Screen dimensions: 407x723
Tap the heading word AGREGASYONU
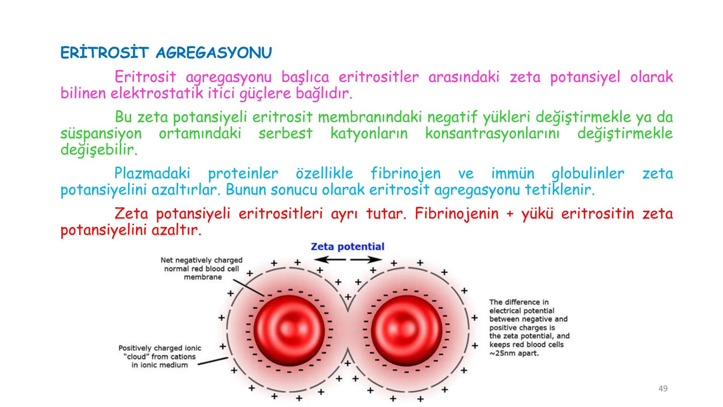tap(214, 53)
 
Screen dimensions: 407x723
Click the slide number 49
tap(663, 389)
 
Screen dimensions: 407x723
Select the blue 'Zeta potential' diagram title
tap(347, 247)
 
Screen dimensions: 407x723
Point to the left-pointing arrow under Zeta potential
tap(330, 259)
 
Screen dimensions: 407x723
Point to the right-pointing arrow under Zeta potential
tap(366, 259)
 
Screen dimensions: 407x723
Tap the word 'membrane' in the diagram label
tap(203, 277)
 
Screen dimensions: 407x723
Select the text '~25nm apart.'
tap(514, 353)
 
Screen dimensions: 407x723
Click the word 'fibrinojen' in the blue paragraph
tap(405, 174)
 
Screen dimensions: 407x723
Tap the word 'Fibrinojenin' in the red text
tap(456, 214)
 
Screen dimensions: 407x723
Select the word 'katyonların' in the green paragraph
tap(369, 133)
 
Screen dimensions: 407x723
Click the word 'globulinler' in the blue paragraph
tap(587, 174)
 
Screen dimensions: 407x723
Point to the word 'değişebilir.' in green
tap(99, 150)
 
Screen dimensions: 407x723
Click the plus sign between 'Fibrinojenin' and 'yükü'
tap(510, 214)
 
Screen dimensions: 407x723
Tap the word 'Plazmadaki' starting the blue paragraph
tap(152, 174)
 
